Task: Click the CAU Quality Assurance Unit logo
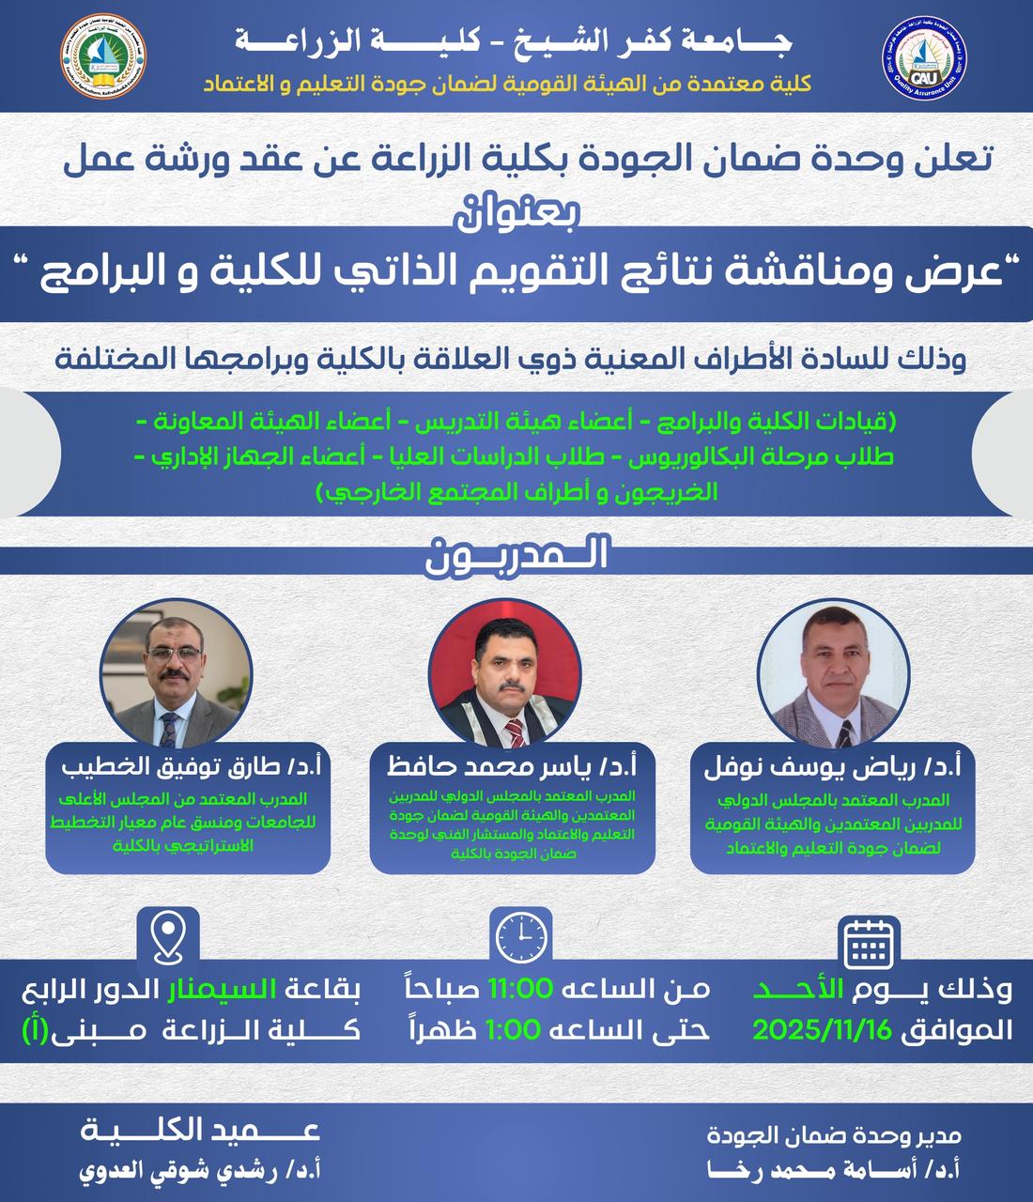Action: click(x=926, y=58)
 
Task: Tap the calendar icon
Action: click(x=868, y=942)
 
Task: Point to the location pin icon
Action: click(x=167, y=937)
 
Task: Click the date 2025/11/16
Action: click(x=822, y=1030)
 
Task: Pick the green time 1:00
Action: click(x=514, y=1030)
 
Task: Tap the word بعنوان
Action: click(x=516, y=208)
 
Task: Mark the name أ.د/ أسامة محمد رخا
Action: click(x=834, y=1171)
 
